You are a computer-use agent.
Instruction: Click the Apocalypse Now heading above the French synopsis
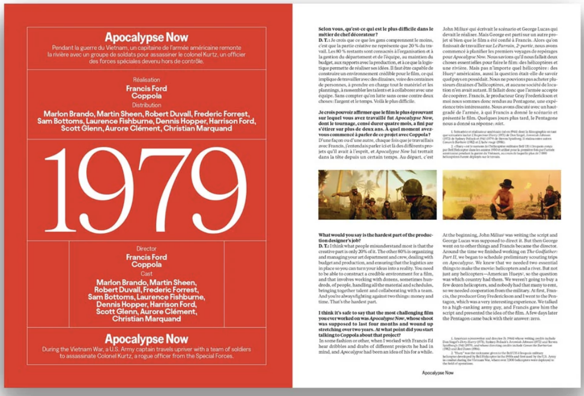(146, 38)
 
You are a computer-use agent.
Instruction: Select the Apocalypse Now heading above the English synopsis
(146, 339)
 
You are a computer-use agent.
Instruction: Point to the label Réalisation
(146, 79)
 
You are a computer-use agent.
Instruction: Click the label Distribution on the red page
(146, 105)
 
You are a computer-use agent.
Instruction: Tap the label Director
(146, 248)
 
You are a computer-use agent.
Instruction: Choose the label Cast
(146, 274)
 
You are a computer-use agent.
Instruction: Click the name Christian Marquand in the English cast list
(146, 319)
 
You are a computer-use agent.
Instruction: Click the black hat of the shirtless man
(506, 183)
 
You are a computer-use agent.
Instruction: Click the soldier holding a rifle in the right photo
(549, 199)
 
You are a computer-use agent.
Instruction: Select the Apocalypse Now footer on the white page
(438, 373)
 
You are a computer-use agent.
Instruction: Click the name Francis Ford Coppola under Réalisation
(146, 92)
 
